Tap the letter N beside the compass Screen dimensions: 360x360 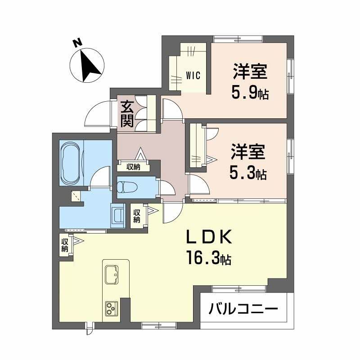[x=77, y=44]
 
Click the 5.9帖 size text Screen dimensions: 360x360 [x=250, y=93]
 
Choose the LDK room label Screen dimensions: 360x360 [x=209, y=237]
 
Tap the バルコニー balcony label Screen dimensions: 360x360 [x=243, y=310]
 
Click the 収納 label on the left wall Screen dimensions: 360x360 [x=65, y=245]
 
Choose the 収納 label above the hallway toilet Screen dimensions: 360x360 [x=133, y=167]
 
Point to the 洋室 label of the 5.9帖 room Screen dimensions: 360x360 [x=250, y=72]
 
